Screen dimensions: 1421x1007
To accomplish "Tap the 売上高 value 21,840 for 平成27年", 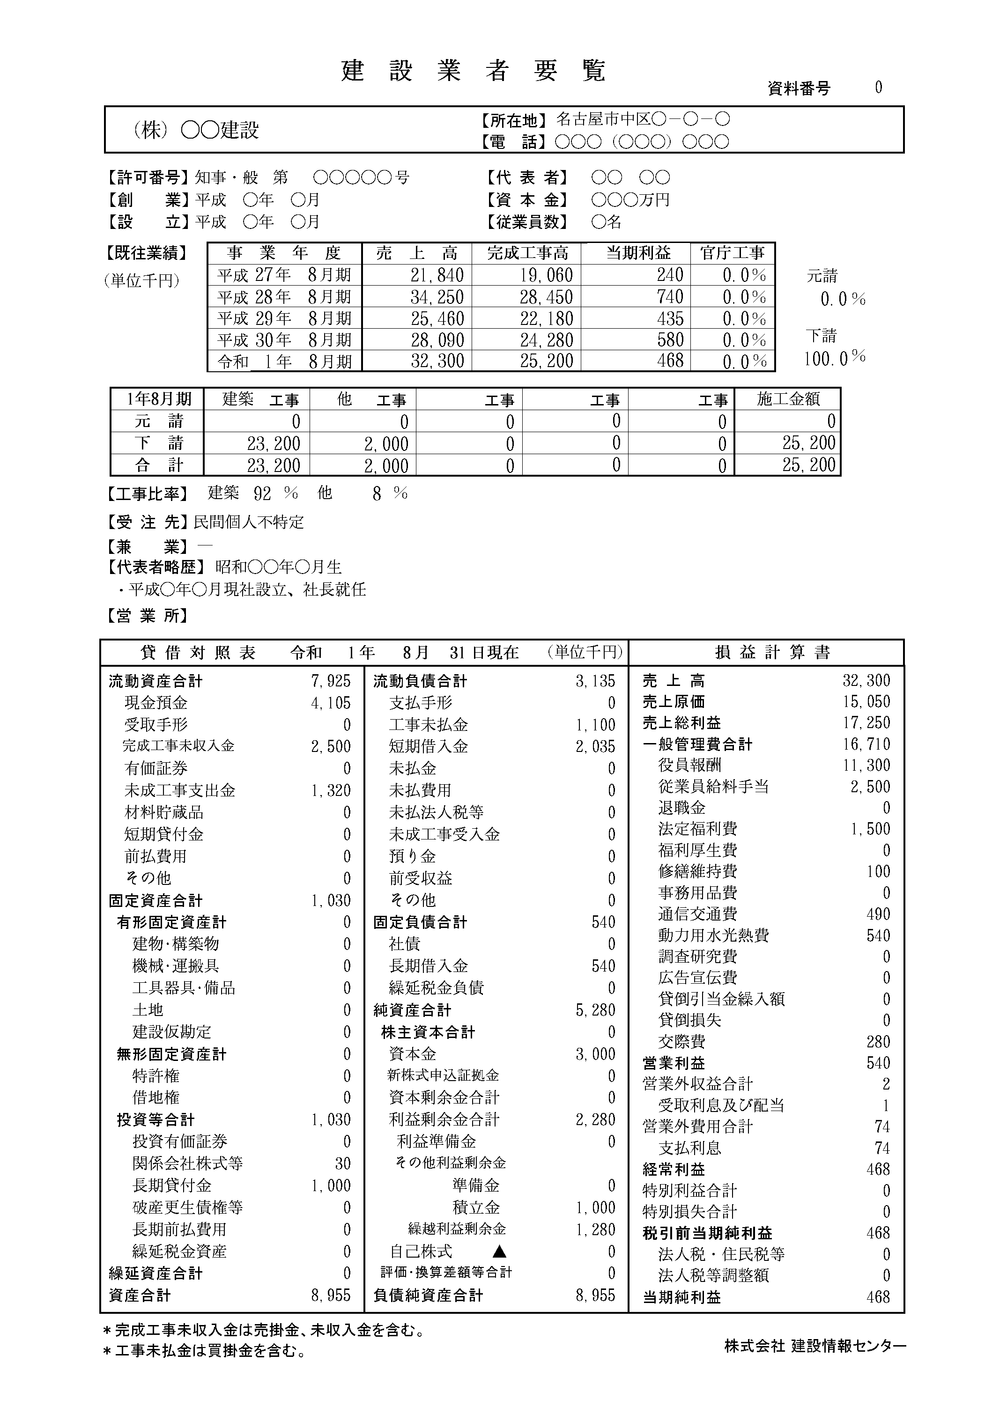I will click(x=437, y=275).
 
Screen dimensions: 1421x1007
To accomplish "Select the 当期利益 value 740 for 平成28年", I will click(x=670, y=297).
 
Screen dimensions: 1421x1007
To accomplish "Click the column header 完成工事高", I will click(x=527, y=253).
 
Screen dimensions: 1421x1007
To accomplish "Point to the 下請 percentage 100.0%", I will click(x=835, y=358).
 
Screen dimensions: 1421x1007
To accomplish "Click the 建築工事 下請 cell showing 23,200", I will click(x=274, y=444).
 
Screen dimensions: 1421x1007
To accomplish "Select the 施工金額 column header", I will click(x=788, y=399).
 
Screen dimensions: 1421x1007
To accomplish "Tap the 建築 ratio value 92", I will click(x=262, y=494).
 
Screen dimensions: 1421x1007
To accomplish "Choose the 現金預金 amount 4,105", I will click(x=331, y=703).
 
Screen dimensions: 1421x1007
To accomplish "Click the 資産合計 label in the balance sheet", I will click(x=140, y=1295).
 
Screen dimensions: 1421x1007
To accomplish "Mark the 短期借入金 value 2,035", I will click(x=595, y=747).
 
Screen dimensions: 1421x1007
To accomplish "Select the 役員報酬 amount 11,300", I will click(x=866, y=766).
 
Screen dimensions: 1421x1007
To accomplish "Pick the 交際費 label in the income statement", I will click(x=681, y=1042).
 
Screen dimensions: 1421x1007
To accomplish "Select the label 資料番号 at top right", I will click(x=799, y=88).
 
